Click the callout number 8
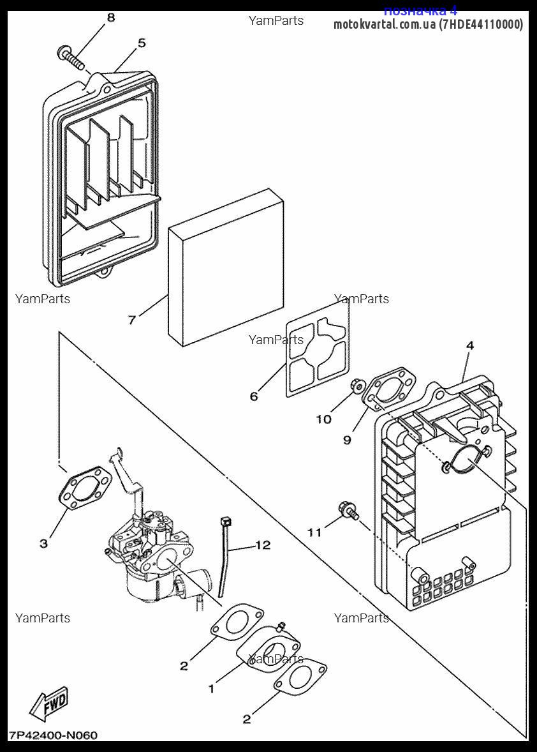111,18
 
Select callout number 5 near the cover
142,43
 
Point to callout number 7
132,320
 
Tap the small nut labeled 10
357,385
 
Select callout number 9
348,440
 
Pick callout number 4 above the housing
470,345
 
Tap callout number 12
263,545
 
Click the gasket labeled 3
85,489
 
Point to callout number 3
43,544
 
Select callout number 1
211,689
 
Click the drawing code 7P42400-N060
54,735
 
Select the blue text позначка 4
420,10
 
